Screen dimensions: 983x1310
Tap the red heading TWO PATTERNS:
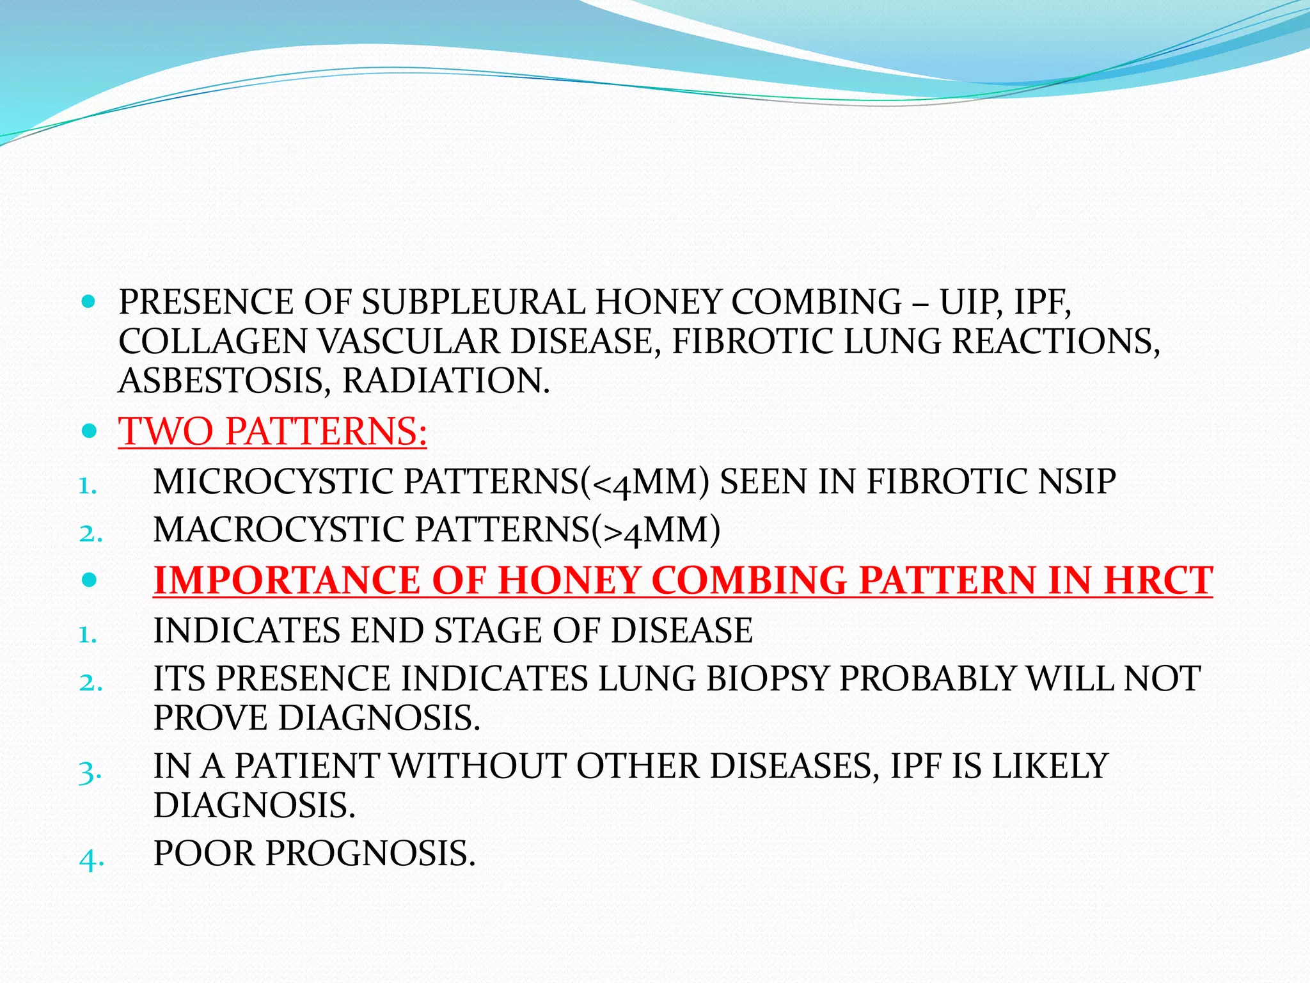click(x=272, y=431)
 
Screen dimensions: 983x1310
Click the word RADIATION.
click(x=446, y=381)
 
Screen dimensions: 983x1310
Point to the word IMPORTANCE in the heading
click(x=288, y=580)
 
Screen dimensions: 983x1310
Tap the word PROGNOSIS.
click(x=370, y=854)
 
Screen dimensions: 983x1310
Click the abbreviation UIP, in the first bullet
click(x=971, y=302)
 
